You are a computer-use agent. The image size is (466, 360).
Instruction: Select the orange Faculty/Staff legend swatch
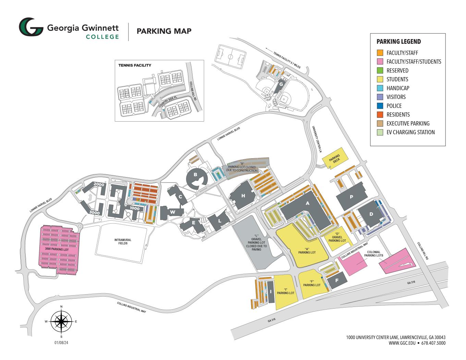point(380,53)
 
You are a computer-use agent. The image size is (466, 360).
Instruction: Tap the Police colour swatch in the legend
point(380,106)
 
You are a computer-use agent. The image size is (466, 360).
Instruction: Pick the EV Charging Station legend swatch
point(380,132)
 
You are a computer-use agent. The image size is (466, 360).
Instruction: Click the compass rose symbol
point(61,322)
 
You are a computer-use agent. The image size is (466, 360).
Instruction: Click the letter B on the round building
point(196,175)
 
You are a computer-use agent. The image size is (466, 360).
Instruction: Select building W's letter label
point(173,212)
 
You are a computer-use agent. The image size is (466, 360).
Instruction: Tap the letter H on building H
point(243,196)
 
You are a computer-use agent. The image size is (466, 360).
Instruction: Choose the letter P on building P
point(351,197)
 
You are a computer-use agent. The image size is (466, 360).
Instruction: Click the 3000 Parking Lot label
point(57,250)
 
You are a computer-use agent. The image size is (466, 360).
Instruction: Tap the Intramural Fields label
point(123,241)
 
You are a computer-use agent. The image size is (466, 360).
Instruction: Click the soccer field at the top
point(230,57)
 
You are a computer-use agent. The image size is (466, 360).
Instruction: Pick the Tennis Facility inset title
point(135,65)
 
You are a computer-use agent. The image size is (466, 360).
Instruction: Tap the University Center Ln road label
point(317,139)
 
